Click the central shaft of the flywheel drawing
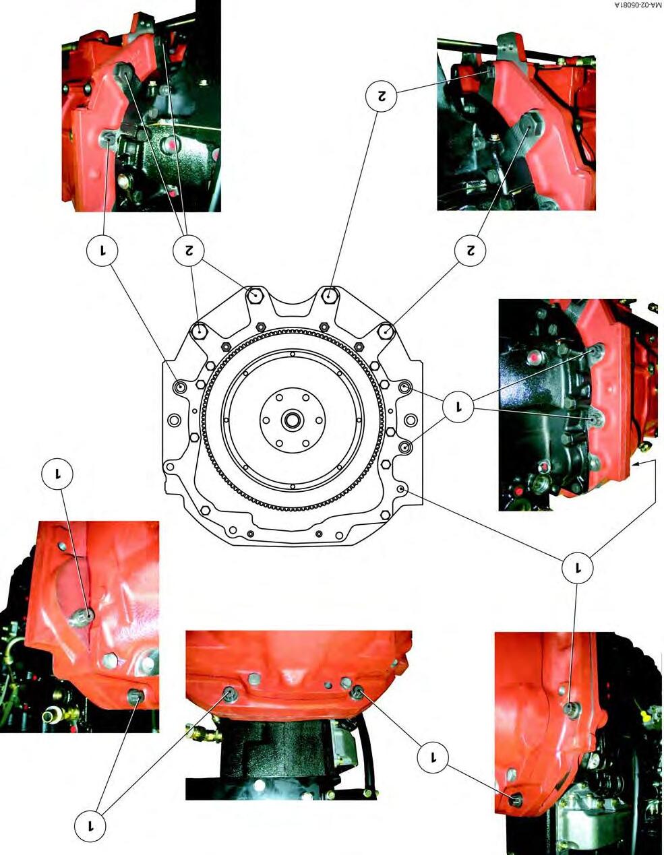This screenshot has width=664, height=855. (x=293, y=420)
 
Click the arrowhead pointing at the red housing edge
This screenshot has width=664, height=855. (x=633, y=465)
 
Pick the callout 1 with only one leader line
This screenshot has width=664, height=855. (x=57, y=474)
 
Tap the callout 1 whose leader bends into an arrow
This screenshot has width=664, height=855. (x=578, y=567)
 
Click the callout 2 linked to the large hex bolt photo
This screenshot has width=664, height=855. (x=470, y=251)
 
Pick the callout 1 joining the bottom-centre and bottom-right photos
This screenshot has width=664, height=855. (x=433, y=757)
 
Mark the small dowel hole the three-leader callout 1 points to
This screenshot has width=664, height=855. (x=401, y=488)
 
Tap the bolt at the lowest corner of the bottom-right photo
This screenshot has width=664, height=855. (x=515, y=797)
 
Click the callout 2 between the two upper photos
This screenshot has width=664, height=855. (x=381, y=96)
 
